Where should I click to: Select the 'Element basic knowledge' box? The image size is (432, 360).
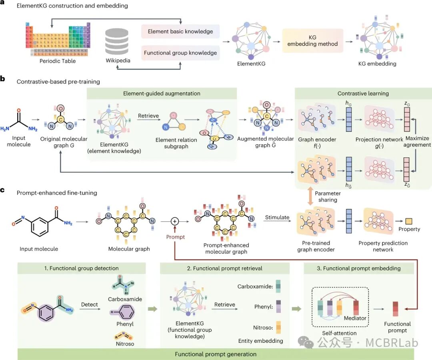(180, 31)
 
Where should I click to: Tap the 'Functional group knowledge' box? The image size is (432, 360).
(180, 52)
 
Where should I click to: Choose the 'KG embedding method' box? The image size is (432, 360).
(313, 40)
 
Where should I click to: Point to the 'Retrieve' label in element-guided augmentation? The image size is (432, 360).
(148, 116)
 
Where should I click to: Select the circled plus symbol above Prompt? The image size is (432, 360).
(174, 221)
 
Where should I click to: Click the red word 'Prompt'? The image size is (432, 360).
(175, 237)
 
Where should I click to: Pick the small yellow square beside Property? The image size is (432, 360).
(409, 221)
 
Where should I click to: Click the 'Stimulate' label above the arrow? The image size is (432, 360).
(277, 217)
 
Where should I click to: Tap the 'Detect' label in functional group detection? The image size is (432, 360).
(89, 304)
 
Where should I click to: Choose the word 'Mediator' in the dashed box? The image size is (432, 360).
(355, 318)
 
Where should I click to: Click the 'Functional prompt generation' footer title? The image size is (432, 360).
(216, 354)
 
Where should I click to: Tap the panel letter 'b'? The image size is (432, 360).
(3, 79)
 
